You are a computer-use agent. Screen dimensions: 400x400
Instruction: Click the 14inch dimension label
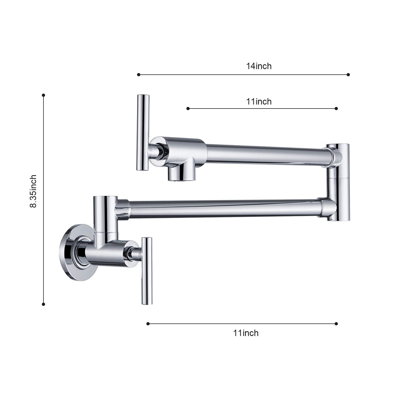click(x=259, y=66)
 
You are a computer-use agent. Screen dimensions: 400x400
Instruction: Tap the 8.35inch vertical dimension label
click(x=33, y=191)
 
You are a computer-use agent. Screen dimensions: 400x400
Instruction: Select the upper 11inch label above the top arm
click(x=259, y=102)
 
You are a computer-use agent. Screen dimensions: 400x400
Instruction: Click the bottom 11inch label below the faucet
click(x=246, y=333)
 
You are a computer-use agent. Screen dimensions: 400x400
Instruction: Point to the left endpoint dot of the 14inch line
click(x=138, y=75)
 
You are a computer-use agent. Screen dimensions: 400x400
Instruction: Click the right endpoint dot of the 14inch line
click(x=348, y=75)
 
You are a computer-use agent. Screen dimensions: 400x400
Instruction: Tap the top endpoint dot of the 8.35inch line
click(x=43, y=95)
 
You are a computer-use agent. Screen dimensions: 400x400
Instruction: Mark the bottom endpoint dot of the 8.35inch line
click(x=43, y=304)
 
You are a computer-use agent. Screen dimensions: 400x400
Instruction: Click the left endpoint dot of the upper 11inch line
click(x=188, y=109)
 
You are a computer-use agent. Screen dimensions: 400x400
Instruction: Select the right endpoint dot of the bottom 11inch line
click(x=336, y=324)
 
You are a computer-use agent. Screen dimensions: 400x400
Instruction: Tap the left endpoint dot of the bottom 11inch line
click(x=148, y=324)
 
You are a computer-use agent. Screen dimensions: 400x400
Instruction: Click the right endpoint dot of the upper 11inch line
click(x=336, y=109)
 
